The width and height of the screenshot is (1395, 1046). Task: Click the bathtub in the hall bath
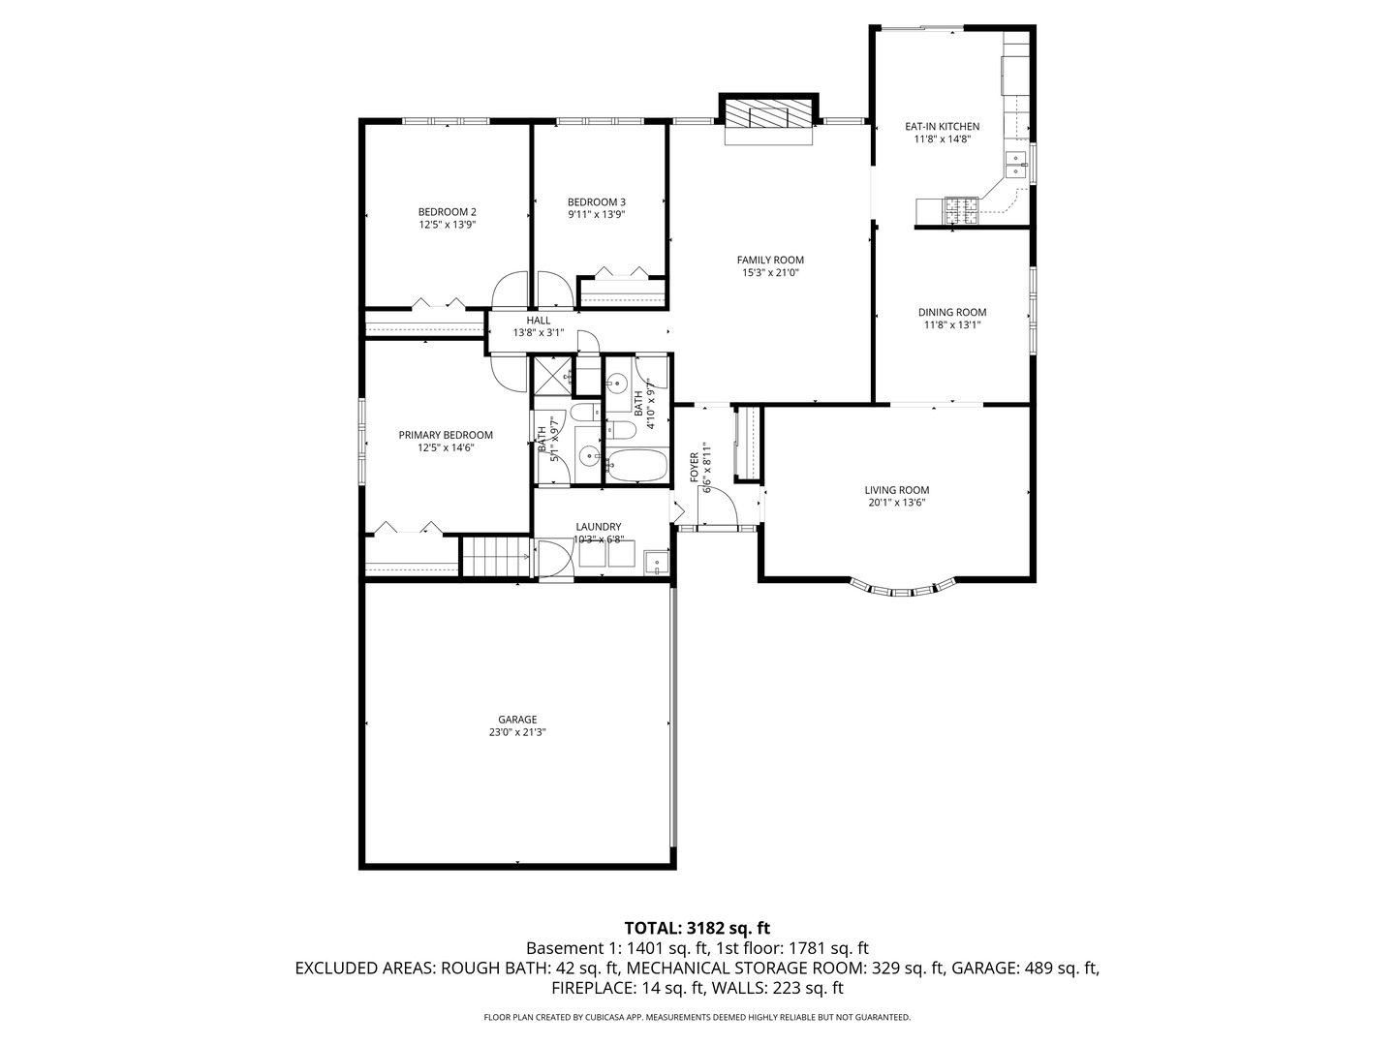tap(636, 466)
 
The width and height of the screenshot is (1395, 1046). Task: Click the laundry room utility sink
tap(656, 561)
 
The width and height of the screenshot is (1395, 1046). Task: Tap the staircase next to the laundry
tap(495, 559)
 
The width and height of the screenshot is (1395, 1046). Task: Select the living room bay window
tap(903, 588)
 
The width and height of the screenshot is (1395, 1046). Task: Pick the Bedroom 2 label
tap(447, 212)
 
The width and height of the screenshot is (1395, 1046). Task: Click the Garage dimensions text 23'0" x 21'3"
tap(517, 733)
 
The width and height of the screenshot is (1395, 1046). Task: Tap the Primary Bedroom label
tap(446, 435)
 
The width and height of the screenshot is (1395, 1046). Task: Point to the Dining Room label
tap(952, 312)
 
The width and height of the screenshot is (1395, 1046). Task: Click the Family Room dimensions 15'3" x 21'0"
tap(770, 273)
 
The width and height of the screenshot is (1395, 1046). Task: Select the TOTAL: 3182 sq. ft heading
tap(697, 927)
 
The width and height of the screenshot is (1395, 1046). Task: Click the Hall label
tap(538, 321)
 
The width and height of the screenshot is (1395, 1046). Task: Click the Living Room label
tap(897, 490)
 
